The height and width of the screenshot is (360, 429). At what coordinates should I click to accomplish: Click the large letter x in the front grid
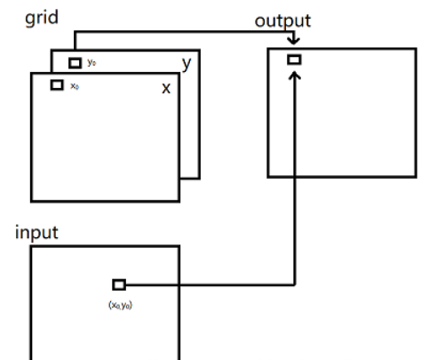165,89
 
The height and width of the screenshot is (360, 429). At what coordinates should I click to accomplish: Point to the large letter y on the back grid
187,64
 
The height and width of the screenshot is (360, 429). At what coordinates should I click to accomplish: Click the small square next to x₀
57,84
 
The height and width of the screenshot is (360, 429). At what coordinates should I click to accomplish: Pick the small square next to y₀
75,63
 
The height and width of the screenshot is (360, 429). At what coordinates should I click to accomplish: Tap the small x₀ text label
75,85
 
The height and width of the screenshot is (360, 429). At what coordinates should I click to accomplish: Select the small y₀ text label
91,63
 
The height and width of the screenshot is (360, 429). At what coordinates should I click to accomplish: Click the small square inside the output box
294,60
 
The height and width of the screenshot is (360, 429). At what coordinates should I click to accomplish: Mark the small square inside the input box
119,284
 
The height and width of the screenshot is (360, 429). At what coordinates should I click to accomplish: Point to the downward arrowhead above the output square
294,45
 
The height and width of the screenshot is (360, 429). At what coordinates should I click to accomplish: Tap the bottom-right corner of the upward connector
294,284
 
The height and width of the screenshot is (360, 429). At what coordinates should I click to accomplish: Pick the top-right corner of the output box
415,49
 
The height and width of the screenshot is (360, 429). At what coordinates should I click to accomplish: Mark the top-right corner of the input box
179,246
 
